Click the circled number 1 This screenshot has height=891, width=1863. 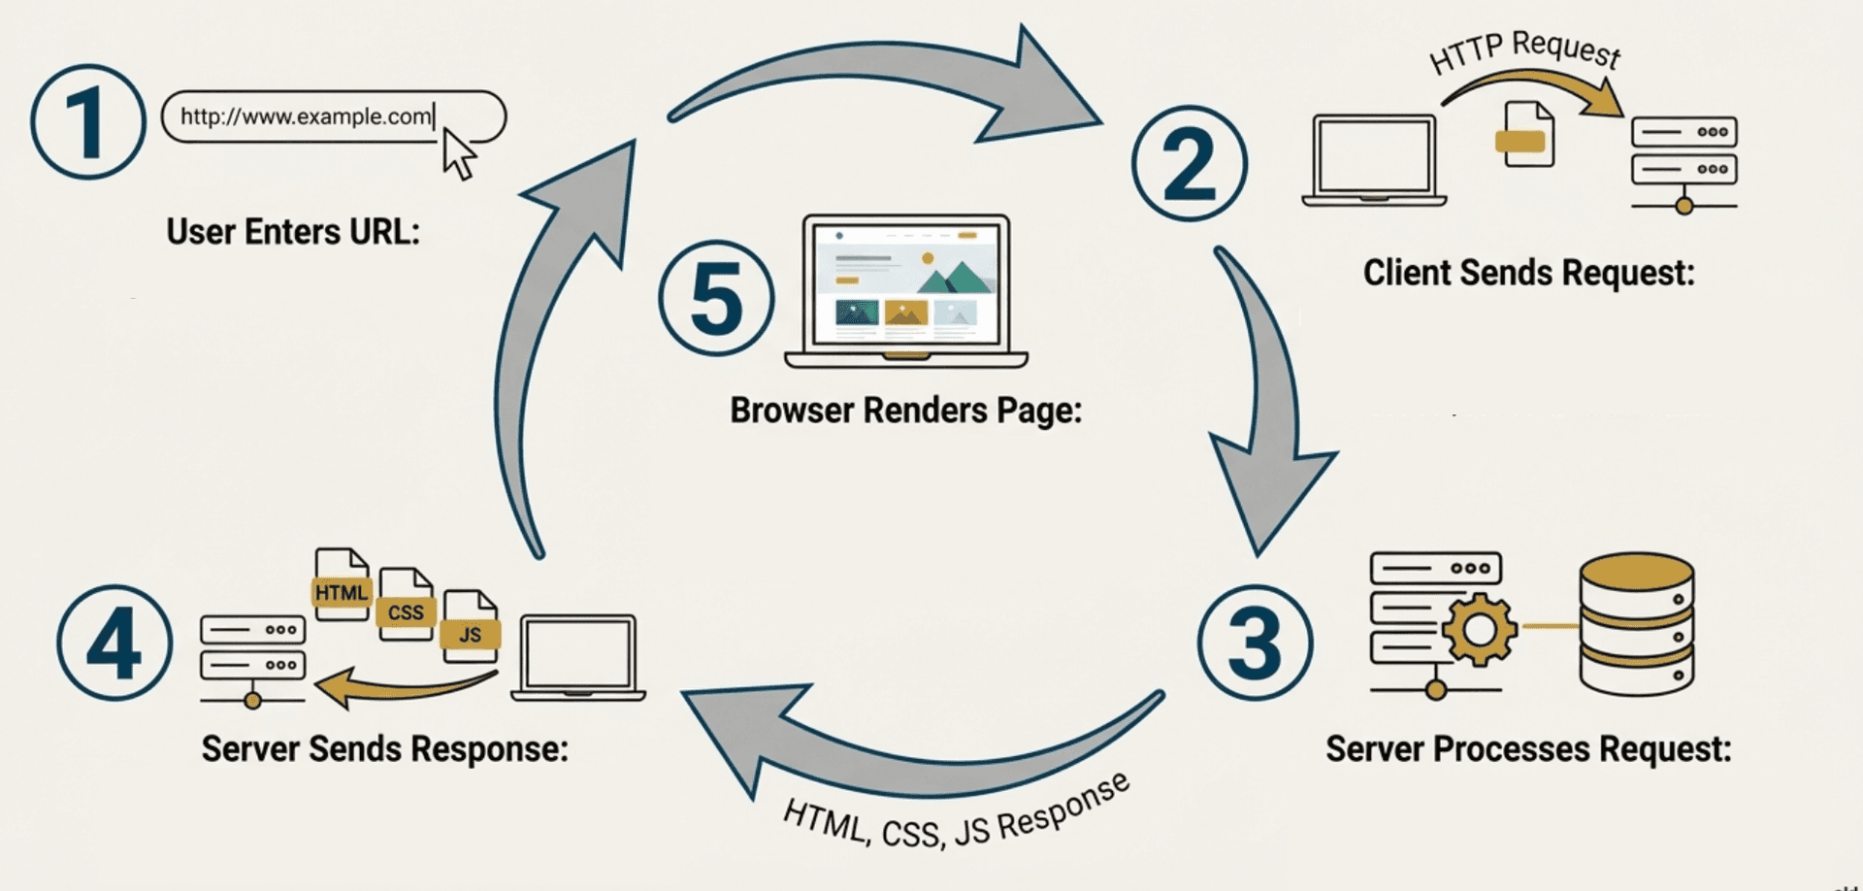click(87, 121)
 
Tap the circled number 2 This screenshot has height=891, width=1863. click(1190, 163)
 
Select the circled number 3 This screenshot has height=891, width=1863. click(1255, 643)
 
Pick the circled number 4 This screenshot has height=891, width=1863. click(114, 643)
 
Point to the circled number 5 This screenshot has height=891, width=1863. click(716, 298)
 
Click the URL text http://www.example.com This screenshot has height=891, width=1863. click(306, 116)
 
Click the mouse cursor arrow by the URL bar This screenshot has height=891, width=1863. click(458, 154)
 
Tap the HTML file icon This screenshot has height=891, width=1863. click(342, 584)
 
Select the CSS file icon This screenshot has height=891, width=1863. click(406, 605)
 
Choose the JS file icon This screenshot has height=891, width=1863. click(471, 627)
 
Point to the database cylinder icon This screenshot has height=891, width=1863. click(1636, 623)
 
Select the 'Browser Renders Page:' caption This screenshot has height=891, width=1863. click(905, 411)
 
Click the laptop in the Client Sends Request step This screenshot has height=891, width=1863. click(1374, 160)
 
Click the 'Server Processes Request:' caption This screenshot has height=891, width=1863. click(1528, 749)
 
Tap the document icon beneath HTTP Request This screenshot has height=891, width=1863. click(1526, 135)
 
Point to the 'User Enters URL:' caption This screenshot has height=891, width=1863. click(293, 232)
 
